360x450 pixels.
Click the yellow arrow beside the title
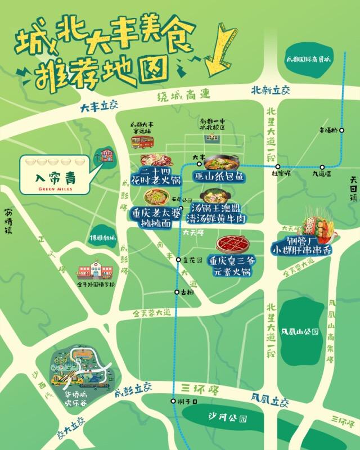coord(219,48)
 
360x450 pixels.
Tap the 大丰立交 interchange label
coord(100,105)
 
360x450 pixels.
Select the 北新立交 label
coord(270,90)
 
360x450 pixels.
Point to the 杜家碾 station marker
coord(278,166)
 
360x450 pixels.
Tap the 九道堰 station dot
coord(322,166)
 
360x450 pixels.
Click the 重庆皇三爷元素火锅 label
coord(230,265)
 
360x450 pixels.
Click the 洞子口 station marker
coord(173,401)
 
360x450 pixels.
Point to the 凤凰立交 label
coord(270,400)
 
